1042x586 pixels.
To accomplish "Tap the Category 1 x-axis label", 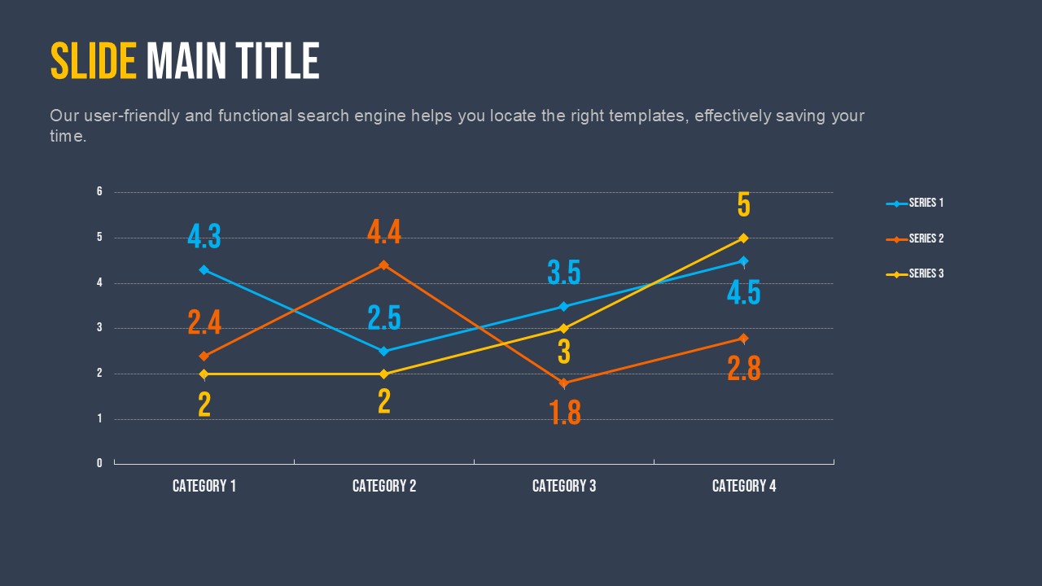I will (204, 486).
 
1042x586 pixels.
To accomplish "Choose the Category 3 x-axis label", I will (564, 486).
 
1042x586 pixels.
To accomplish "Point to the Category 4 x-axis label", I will (744, 486).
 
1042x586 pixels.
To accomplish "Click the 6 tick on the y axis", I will (99, 192).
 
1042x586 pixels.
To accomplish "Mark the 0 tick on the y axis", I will (99, 463).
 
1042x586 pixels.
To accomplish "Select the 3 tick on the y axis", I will (99, 328).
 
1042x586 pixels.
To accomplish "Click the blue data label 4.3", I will (204, 237).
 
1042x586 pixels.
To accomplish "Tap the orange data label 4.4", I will (384, 233).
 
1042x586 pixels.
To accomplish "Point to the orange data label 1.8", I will (565, 413).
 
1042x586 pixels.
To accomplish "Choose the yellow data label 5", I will (743, 205).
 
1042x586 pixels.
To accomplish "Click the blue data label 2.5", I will (384, 317).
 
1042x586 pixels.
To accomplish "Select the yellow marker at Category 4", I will (743, 238).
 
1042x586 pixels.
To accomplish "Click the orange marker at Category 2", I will (384, 265).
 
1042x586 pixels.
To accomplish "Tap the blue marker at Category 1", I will (204, 269).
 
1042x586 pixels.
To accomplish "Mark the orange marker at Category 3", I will (563, 383).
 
